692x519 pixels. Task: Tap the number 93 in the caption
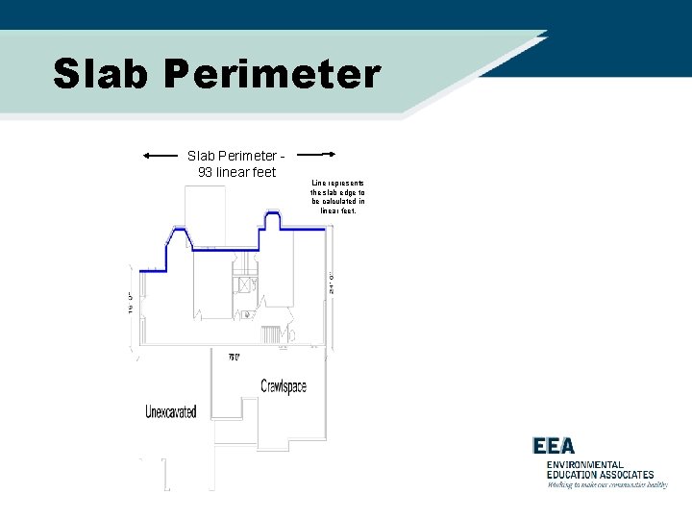click(205, 172)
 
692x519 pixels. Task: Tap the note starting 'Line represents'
click(337, 196)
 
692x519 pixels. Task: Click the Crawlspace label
click(284, 386)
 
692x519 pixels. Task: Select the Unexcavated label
click(171, 411)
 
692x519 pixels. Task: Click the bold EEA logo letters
click(554, 446)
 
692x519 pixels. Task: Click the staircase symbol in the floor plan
click(270, 334)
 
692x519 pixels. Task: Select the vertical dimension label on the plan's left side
click(130, 302)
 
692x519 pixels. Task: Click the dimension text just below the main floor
click(234, 357)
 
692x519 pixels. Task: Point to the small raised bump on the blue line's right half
click(271, 220)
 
